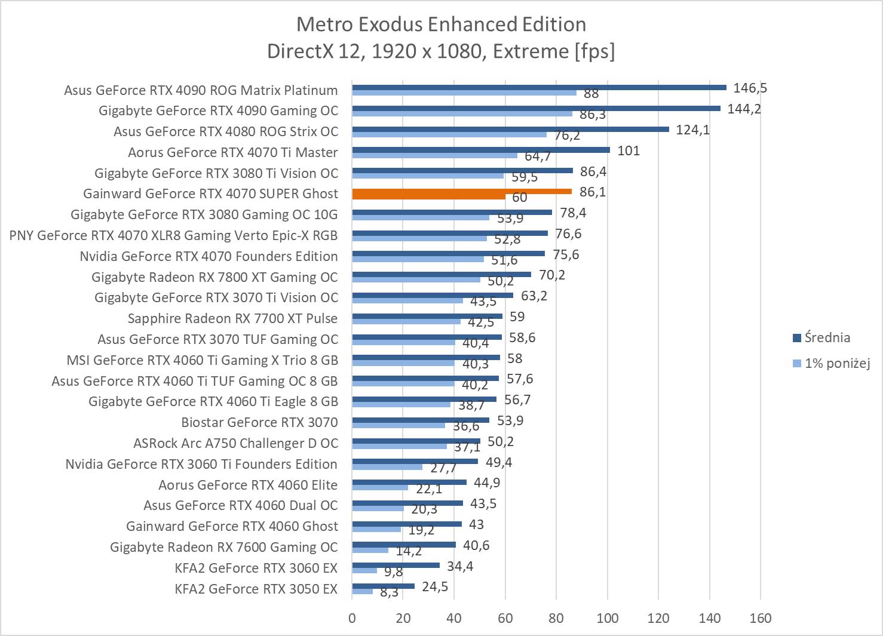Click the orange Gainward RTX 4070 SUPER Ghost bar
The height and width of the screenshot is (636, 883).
(461, 192)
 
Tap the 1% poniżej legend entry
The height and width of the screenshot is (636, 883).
(835, 363)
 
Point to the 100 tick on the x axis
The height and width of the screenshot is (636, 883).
(608, 618)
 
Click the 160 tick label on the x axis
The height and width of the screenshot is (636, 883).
(760, 618)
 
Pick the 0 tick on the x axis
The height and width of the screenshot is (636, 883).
(352, 618)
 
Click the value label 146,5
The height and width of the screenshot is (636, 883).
(750, 88)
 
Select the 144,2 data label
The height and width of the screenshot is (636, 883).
(744, 109)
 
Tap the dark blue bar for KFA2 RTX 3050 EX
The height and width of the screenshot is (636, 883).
(383, 586)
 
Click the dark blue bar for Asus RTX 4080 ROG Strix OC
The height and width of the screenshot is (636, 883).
(510, 129)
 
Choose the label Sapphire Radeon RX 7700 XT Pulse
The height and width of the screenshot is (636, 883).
(232, 318)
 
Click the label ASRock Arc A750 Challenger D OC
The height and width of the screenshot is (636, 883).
(235, 443)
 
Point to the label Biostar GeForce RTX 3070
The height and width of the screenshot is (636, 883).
(259, 422)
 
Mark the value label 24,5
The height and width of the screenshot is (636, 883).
(434, 586)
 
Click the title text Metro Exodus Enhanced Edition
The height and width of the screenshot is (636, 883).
(441, 24)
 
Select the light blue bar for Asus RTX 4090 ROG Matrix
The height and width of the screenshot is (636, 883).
(464, 93)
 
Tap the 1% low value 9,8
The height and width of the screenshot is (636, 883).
(393, 572)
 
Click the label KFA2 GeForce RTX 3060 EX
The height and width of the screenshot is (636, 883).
(256, 568)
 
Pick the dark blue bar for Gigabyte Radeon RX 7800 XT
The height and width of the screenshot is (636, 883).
(441, 275)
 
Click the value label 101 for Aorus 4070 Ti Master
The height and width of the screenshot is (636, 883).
(628, 150)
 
